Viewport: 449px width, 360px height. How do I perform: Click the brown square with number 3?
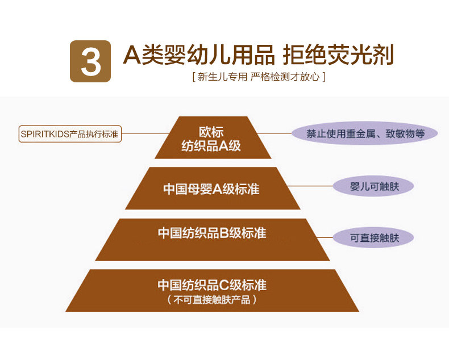pyautogui.click(x=89, y=61)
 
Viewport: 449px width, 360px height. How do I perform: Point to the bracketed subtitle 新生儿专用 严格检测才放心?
pyautogui.click(x=259, y=77)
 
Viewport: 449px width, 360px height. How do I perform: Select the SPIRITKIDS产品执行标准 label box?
pyautogui.click(x=70, y=135)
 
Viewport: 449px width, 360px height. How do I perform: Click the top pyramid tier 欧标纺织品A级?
pyautogui.click(x=211, y=138)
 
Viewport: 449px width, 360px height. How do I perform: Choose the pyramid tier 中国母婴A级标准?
pyautogui.click(x=211, y=189)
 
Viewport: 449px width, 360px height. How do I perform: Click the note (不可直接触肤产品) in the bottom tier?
pyautogui.click(x=212, y=299)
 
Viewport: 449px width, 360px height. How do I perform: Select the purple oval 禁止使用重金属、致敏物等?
pyautogui.click(x=365, y=134)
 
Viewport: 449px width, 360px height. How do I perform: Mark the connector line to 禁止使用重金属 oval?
pyautogui.click(x=275, y=133)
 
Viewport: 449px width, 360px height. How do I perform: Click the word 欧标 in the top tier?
pyautogui.click(x=211, y=131)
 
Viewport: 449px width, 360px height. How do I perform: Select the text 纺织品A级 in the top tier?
pyautogui.click(x=211, y=146)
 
